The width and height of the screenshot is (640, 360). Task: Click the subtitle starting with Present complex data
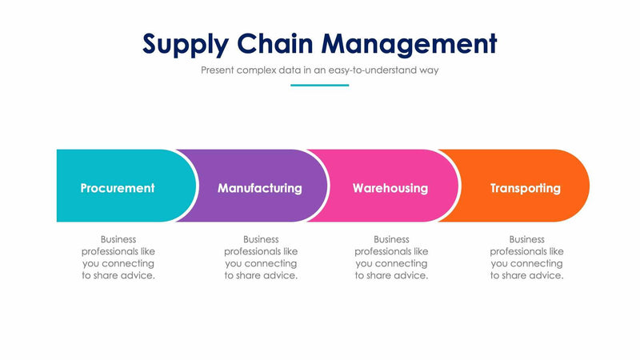click(x=319, y=70)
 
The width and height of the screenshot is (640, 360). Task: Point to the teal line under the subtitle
click(x=319, y=85)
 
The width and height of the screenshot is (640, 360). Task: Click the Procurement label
click(x=118, y=189)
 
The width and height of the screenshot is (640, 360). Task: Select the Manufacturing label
click(x=260, y=189)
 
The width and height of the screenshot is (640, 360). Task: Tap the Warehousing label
click(x=390, y=189)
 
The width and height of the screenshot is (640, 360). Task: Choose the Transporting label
click(x=526, y=189)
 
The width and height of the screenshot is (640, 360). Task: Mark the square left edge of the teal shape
click(x=59, y=186)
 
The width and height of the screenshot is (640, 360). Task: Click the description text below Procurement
click(x=118, y=257)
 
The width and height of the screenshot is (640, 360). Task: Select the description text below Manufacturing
click(x=261, y=257)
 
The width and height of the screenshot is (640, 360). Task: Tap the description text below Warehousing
click(x=391, y=257)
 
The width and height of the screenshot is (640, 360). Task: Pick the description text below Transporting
click(x=526, y=257)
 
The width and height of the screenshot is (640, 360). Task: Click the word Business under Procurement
click(x=118, y=239)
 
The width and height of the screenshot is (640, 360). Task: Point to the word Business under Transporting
click(x=526, y=239)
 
